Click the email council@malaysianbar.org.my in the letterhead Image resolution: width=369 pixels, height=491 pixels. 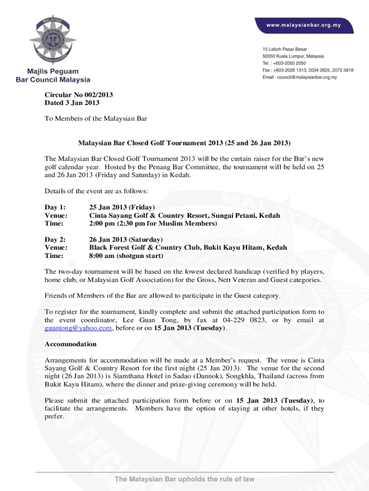click(304, 77)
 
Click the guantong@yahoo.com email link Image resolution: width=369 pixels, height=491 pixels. click(78, 328)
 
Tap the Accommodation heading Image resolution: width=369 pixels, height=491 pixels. click(70, 344)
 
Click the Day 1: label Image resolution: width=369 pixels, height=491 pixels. click(54, 208)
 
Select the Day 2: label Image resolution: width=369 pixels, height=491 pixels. click(54, 239)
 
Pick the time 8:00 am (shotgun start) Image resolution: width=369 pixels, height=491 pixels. click(127, 256)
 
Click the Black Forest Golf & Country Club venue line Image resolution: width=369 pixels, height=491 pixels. click(188, 247)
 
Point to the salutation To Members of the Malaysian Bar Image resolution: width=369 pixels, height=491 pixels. click(95, 118)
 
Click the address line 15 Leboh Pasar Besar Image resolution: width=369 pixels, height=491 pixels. click(285, 49)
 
